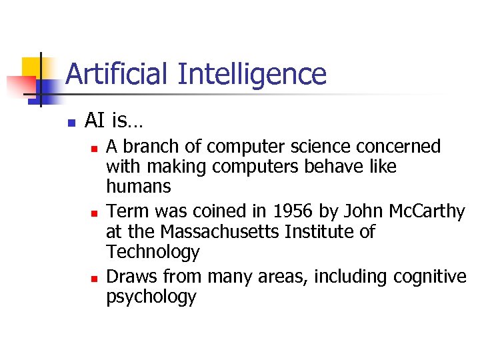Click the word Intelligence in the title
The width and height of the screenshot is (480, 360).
252,75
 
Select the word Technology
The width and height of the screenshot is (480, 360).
153,253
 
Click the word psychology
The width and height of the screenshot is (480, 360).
151,297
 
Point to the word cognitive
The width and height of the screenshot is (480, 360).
430,276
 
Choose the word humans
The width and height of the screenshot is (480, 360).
139,187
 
